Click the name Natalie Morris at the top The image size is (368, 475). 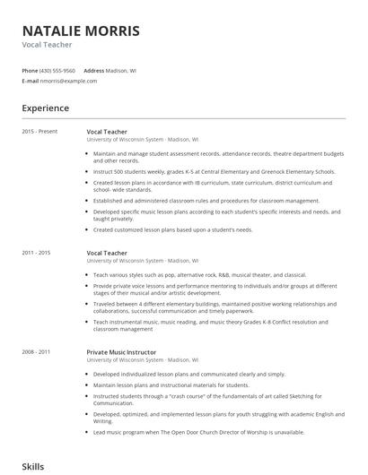pos(81,30)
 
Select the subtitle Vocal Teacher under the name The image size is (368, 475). pos(47,45)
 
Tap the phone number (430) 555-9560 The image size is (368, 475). pos(57,70)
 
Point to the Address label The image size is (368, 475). pos(93,70)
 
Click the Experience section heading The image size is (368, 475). pos(46,108)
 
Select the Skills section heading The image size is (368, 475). pos(33,467)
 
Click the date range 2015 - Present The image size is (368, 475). pos(39,132)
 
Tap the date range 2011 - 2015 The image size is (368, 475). pos(36,253)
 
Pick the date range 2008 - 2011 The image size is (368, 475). pos(36,352)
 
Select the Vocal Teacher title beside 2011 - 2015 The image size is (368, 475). pos(107,253)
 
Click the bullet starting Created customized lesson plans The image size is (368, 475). pos(172,229)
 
